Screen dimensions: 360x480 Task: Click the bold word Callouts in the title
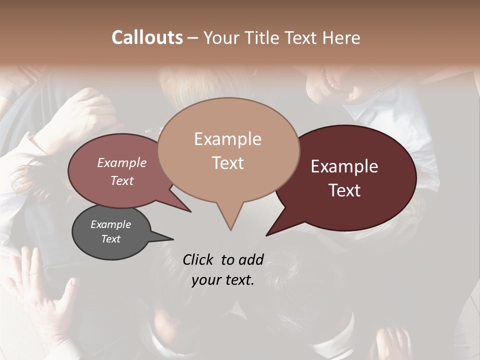click(x=147, y=37)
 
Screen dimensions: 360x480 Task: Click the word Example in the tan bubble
click(x=227, y=139)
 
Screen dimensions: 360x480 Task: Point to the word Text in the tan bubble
click(x=228, y=163)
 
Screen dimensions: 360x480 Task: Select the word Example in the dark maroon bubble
click(x=344, y=166)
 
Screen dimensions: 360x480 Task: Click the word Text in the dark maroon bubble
click(x=345, y=190)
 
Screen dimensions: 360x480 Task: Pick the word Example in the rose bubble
click(x=122, y=162)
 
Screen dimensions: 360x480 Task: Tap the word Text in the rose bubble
click(x=122, y=180)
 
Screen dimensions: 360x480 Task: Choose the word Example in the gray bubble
click(x=111, y=224)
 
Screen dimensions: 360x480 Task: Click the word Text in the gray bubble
click(x=111, y=239)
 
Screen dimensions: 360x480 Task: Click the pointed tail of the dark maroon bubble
click(x=267, y=235)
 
